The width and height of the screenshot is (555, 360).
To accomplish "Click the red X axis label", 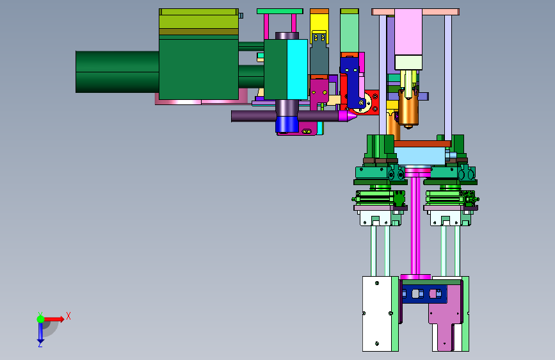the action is (x=68, y=316).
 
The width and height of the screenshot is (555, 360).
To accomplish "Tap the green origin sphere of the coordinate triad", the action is (x=41, y=319).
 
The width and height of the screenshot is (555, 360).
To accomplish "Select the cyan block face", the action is (x=297, y=69).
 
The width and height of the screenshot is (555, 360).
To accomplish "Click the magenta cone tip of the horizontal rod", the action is (x=348, y=116).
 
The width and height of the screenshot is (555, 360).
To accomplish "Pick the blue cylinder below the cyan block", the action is (x=287, y=124).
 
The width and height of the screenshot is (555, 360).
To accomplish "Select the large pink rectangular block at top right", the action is (x=408, y=32).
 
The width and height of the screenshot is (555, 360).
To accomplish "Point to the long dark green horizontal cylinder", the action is (x=117, y=72).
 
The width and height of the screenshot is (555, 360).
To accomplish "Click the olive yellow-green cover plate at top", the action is (x=198, y=22).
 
